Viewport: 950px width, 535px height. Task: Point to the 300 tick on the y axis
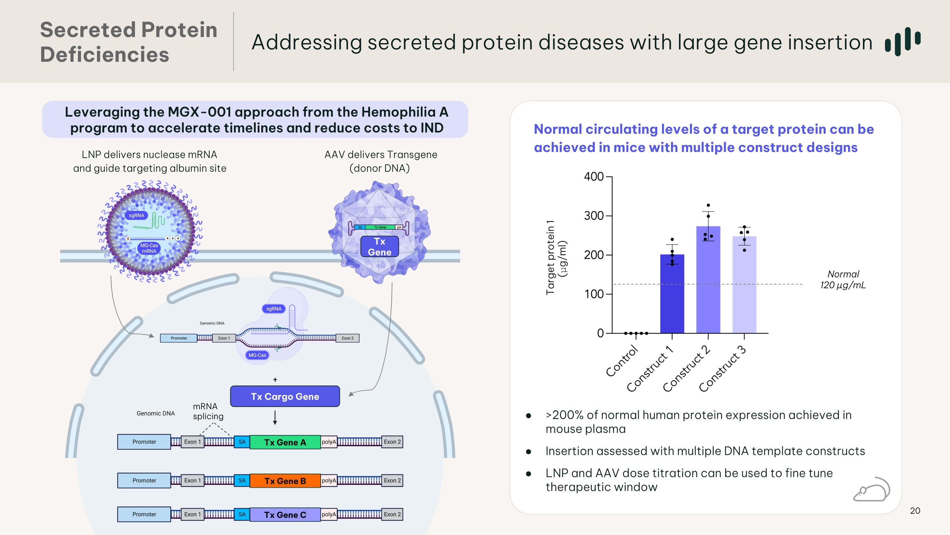(594, 216)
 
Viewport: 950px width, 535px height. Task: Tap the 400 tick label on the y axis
(594, 177)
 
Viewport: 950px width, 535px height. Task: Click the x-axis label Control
(622, 361)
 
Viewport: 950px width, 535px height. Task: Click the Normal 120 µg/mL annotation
(843, 279)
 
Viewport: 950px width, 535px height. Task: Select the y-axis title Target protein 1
(551, 257)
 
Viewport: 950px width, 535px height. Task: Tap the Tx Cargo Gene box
(285, 396)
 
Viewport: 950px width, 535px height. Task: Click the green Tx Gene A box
(285, 442)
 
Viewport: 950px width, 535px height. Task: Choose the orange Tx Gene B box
(285, 481)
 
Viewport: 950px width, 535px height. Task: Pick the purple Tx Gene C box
(285, 515)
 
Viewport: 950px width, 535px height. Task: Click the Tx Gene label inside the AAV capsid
(379, 247)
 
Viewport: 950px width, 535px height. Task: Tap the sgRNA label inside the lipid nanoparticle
(136, 215)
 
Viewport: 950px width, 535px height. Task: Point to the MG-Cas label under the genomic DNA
(257, 355)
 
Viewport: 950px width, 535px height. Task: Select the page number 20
(915, 511)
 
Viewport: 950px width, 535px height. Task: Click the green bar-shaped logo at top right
(902, 41)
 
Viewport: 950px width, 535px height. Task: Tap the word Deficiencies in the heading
(104, 55)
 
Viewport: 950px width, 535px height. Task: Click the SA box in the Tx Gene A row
(242, 442)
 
